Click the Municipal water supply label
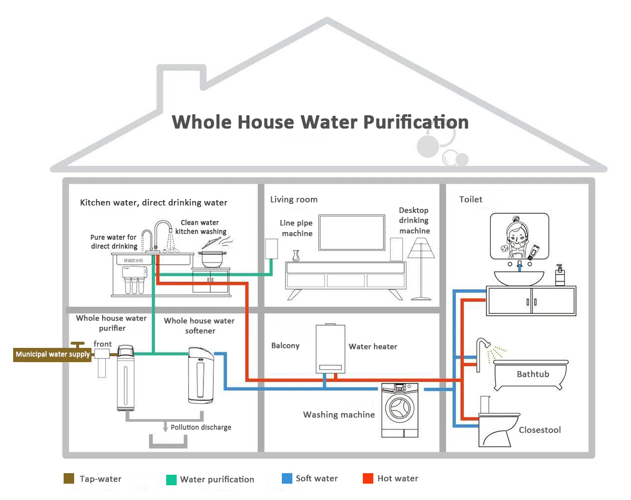(53, 354)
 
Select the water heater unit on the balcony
(330, 348)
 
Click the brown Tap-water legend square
(68, 478)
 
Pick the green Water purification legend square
(171, 479)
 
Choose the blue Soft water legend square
(287, 478)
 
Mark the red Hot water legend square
(368, 478)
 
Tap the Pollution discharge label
(201, 427)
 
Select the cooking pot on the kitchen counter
(211, 258)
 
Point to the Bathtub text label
(533, 374)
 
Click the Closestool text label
(540, 430)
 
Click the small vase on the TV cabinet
(296, 256)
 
